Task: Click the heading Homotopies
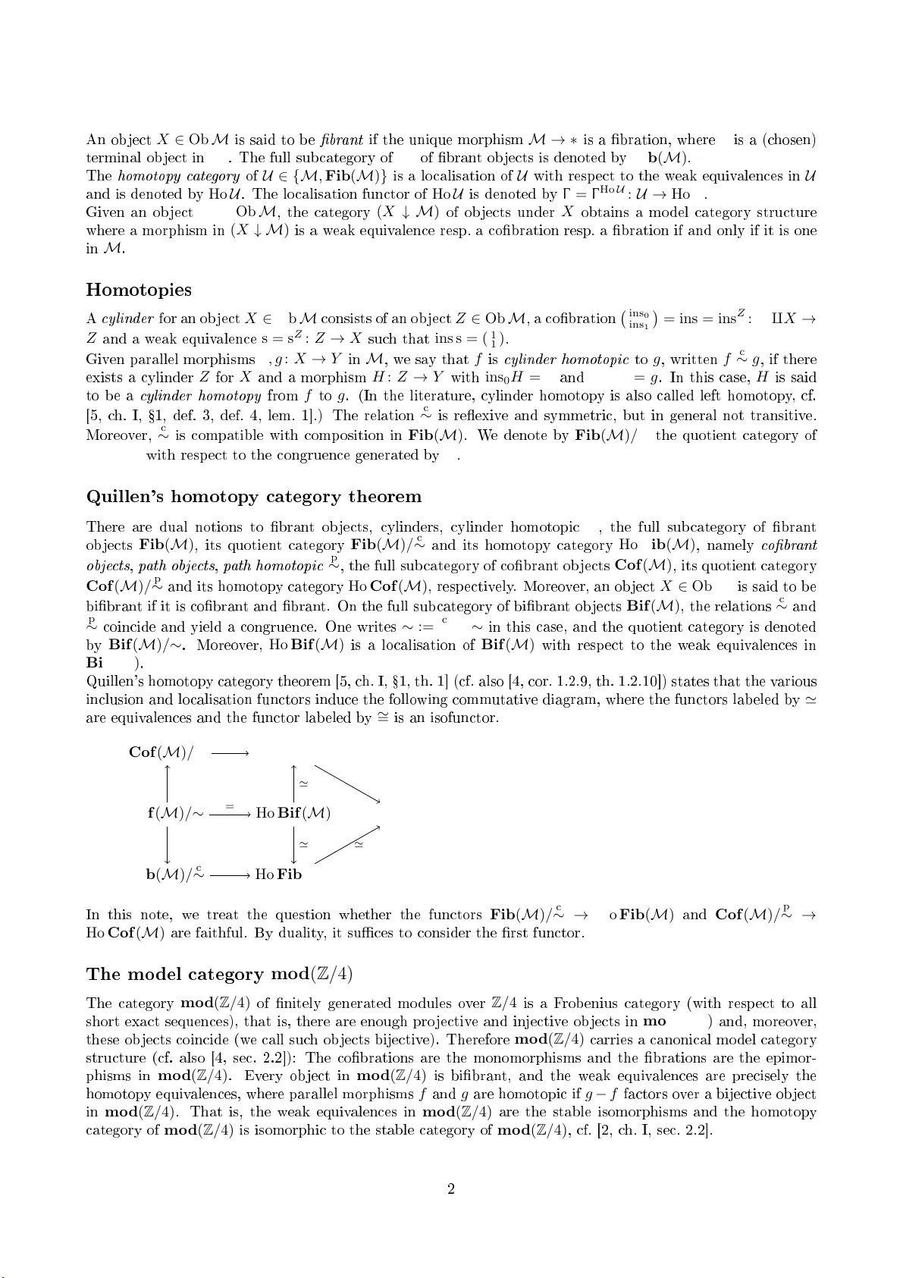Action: (139, 290)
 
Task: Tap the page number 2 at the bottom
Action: (450, 1189)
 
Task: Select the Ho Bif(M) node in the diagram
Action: (293, 814)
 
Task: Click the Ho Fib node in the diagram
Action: (278, 875)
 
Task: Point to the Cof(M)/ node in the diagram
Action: (161, 752)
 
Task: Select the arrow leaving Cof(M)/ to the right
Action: (230, 753)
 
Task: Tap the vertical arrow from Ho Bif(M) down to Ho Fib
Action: (293, 843)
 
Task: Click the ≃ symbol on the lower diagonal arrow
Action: (359, 846)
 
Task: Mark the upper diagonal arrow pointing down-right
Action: (346, 783)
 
